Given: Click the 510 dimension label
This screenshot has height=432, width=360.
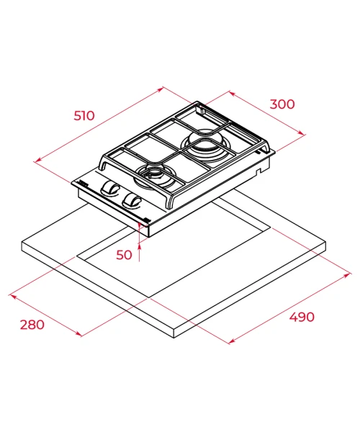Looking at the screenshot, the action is (84, 115).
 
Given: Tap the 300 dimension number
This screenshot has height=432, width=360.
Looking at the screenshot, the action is (282, 104).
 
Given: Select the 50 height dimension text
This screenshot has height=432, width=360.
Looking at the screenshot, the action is (124, 255).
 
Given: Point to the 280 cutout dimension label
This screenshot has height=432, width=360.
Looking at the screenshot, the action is (32, 325).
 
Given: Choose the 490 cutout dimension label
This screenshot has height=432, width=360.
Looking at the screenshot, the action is (302, 317).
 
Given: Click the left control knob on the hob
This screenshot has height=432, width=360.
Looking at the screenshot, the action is (109, 189).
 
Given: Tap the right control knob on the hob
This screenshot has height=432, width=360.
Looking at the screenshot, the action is (132, 202).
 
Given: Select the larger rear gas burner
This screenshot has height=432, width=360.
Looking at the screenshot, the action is (204, 144).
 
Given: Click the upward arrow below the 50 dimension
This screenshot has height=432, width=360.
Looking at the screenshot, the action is (140, 253).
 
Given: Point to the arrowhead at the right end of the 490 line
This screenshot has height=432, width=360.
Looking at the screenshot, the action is (348, 275).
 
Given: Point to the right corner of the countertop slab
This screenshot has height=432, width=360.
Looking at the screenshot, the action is (325, 243).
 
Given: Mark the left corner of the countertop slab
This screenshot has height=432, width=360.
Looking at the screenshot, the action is (22, 243).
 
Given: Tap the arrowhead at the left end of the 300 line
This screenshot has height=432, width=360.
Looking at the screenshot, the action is (232, 94).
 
